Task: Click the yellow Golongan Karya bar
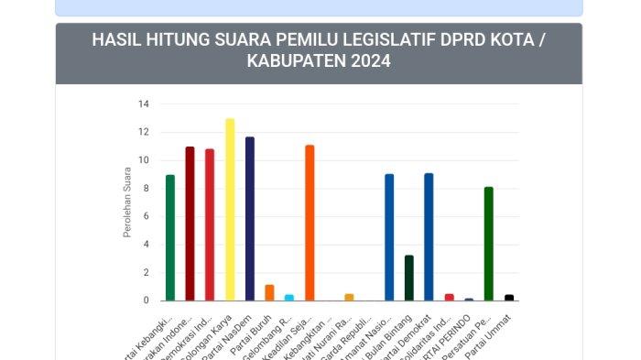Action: click(x=230, y=210)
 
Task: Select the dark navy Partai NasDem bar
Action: click(x=250, y=219)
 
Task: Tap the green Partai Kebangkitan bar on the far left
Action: click(x=170, y=237)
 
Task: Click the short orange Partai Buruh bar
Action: click(x=269, y=293)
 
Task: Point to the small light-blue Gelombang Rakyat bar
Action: click(x=289, y=297)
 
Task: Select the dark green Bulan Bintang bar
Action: click(x=409, y=278)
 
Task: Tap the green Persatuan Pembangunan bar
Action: click(x=489, y=244)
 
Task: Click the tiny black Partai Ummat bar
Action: click(x=509, y=298)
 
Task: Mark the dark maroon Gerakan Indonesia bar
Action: click(x=190, y=224)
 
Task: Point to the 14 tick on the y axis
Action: click(x=143, y=104)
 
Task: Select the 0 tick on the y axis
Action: click(x=145, y=300)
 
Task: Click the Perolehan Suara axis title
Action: click(x=127, y=202)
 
